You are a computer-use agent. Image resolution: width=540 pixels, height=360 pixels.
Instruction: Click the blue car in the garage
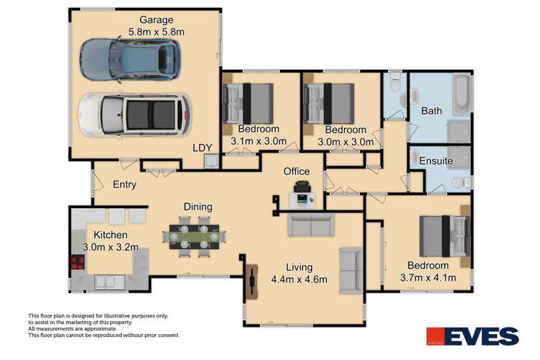click(x=129, y=59)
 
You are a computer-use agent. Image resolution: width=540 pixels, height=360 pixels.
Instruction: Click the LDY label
click(x=202, y=148)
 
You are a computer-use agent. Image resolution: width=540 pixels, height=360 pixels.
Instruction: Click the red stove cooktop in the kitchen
click(x=78, y=263)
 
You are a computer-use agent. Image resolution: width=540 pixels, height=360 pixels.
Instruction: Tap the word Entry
click(x=123, y=184)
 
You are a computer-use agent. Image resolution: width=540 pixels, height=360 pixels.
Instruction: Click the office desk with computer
click(x=302, y=197)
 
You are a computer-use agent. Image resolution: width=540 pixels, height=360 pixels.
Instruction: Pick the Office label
click(x=296, y=171)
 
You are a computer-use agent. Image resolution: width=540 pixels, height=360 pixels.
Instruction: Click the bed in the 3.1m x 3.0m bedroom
click(x=248, y=102)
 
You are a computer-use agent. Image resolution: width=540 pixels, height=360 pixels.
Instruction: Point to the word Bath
click(x=431, y=112)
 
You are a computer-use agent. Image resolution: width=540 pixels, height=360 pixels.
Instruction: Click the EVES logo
click(x=472, y=336)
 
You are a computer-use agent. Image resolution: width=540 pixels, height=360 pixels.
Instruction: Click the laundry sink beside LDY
click(x=209, y=162)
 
